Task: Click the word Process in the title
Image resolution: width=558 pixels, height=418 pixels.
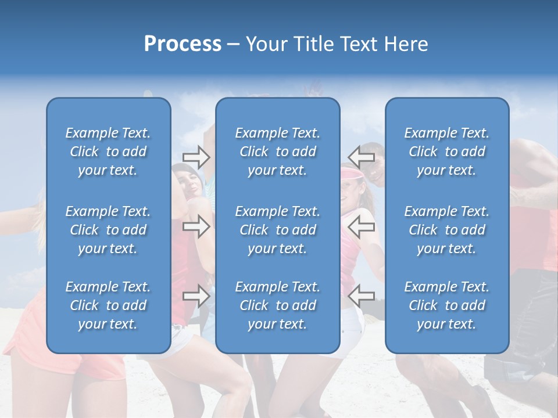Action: coord(183,44)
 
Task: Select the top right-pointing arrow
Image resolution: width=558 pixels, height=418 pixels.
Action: coord(196,156)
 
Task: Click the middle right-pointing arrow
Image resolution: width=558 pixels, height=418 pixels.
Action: coord(196,226)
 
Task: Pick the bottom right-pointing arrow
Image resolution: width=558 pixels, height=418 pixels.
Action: coord(196,296)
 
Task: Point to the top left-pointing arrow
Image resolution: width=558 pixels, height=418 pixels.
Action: coord(362,156)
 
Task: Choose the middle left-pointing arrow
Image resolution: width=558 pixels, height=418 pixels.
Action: coord(362,226)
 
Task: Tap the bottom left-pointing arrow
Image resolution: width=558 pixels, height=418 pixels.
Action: coord(362,296)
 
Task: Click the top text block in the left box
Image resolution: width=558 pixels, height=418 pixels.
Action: coord(108,152)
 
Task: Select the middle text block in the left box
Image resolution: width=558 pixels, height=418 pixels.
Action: coord(108,230)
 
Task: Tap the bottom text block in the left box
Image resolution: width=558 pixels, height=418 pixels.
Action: coord(108,305)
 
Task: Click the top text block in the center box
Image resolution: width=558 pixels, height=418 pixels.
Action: coord(278,152)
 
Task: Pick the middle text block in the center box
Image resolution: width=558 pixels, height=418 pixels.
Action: coord(278,230)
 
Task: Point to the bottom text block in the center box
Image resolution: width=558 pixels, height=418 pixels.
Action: coord(278,305)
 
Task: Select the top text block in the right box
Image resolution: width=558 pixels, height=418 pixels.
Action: coord(447,152)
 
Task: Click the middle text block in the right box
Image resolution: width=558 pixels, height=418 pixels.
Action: coord(447,230)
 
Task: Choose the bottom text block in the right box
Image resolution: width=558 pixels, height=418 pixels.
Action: coord(447,305)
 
